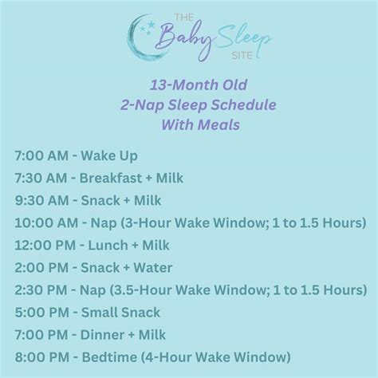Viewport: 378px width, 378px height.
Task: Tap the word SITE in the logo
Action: pos(239,53)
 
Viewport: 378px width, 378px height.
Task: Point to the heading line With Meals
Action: pos(189,124)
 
